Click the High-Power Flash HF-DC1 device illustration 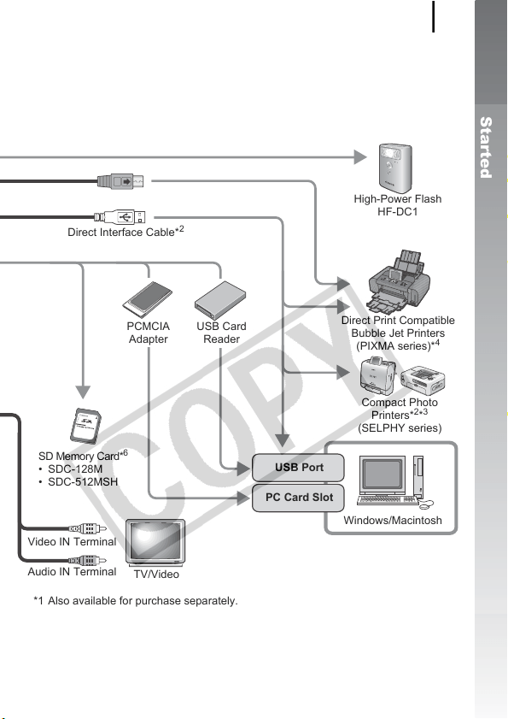click(394, 168)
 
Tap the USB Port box click(298, 468)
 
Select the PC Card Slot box click(298, 498)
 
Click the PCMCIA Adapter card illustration click(147, 300)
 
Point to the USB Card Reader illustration click(220, 300)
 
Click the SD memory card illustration click(85, 426)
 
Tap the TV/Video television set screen click(155, 541)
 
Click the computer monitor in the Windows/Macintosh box click(382, 474)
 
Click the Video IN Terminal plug click(87, 528)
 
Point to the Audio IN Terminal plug click(87, 560)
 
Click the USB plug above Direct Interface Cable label click(120, 216)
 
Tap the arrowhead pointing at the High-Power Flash click(360, 157)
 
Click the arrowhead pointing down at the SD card click(83, 392)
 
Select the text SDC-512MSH click(83, 482)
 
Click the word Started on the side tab click(486, 148)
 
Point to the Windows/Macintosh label click(393, 521)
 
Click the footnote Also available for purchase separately click(143, 601)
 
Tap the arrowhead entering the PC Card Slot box click(244, 498)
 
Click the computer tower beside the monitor click(418, 476)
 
